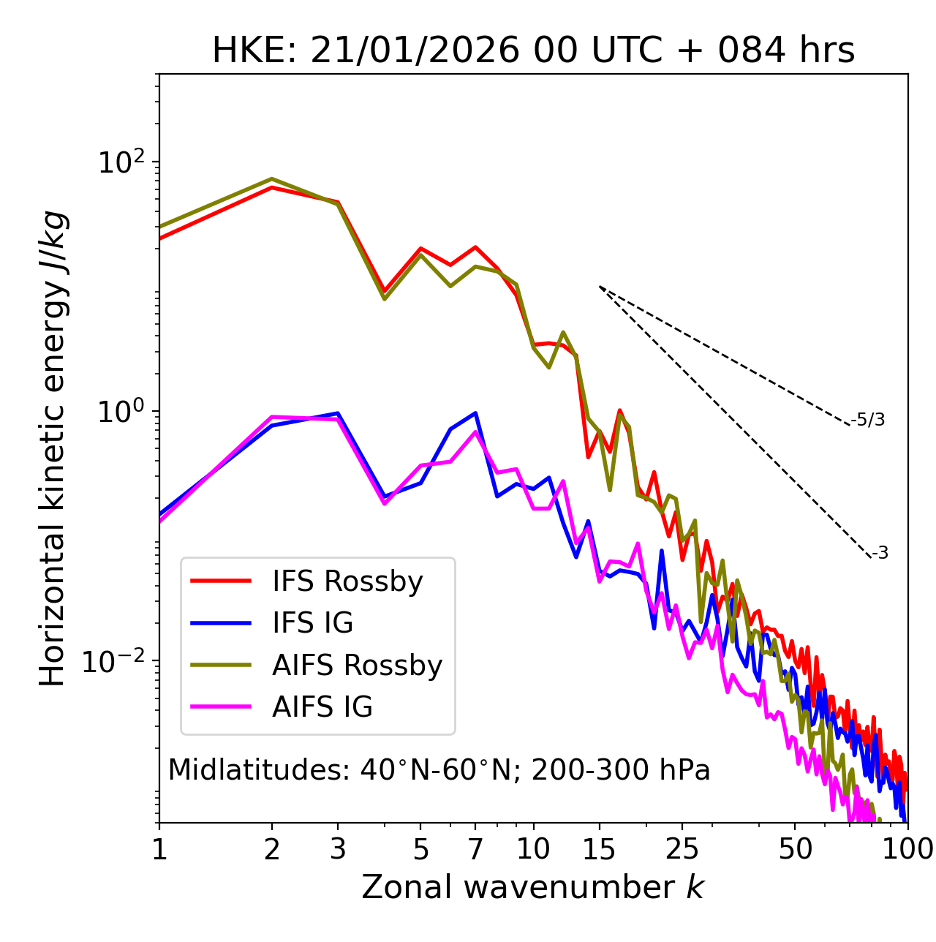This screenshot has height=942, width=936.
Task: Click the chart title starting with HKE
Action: pyautogui.click(x=533, y=51)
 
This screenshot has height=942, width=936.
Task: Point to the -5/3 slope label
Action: pyautogui.click(x=868, y=420)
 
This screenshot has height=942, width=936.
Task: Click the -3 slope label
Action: pyautogui.click(x=880, y=554)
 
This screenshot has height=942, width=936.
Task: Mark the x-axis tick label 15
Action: pyautogui.click(x=599, y=849)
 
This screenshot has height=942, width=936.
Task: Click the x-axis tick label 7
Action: pyautogui.click(x=475, y=849)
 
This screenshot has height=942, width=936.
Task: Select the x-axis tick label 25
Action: pyautogui.click(x=682, y=849)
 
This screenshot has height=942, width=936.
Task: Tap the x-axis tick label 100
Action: pyautogui.click(x=907, y=849)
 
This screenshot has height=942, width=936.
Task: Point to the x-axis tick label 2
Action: pyautogui.click(x=272, y=849)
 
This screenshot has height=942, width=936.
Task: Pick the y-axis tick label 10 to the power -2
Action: pyautogui.click(x=117, y=661)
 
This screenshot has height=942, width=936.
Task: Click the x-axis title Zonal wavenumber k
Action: pyautogui.click(x=532, y=887)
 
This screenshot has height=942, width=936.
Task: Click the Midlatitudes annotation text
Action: pyautogui.click(x=439, y=770)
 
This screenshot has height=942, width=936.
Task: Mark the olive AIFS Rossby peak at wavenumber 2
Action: pyautogui.click(x=272, y=179)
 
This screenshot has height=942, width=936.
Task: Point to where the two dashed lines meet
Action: pyautogui.click(x=600, y=287)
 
